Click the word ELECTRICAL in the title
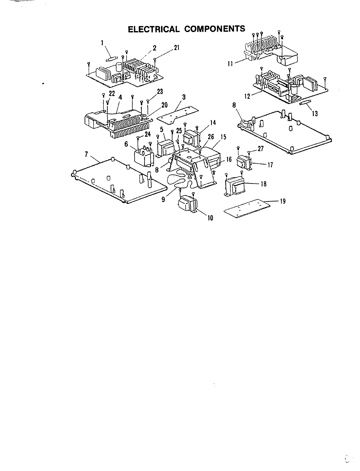coord(153,29)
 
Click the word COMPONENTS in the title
coord(215,29)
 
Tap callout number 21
coord(177,48)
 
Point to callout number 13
coord(315,114)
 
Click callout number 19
coord(282,201)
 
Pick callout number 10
coord(210,218)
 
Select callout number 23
coord(160,92)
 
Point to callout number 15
coord(223,137)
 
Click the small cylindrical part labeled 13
coord(305,103)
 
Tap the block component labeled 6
coord(143,156)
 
